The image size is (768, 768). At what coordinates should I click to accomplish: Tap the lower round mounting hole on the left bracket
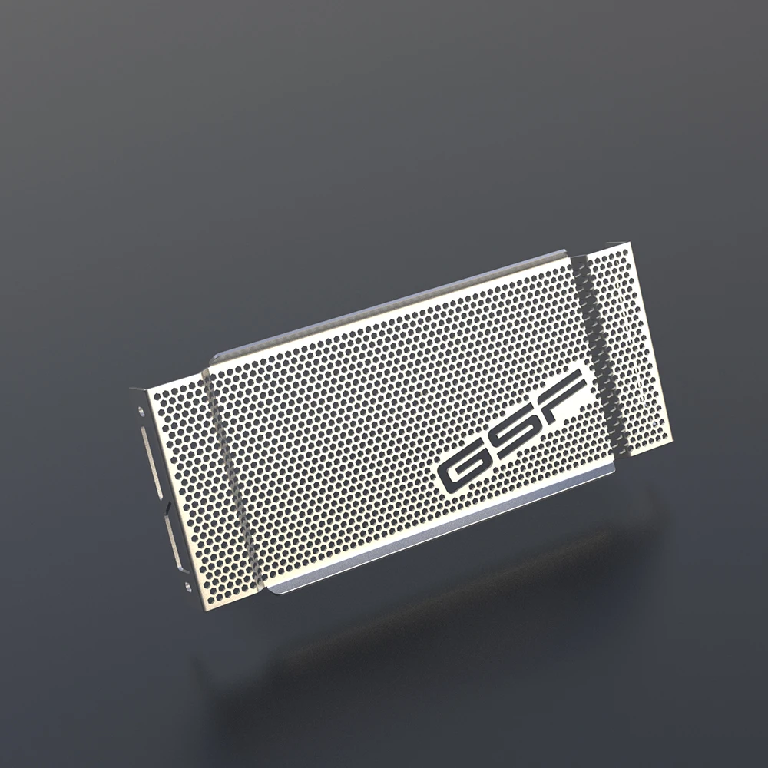189,587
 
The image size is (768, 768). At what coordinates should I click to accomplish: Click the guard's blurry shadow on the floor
461,614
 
